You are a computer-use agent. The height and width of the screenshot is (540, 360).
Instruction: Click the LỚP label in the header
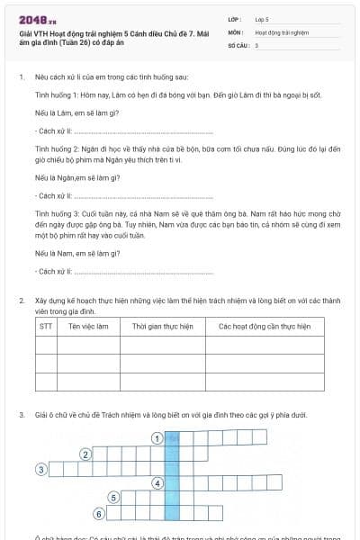pos(235,18)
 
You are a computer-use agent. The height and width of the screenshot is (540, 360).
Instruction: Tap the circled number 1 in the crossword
pos(157,438)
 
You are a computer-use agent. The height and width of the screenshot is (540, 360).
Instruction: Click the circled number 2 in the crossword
pos(85,454)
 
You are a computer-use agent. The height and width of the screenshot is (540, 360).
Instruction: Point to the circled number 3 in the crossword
pos(40,469)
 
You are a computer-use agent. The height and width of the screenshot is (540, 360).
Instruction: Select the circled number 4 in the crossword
pos(157,483)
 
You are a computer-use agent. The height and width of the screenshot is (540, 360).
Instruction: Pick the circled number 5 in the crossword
pos(112,498)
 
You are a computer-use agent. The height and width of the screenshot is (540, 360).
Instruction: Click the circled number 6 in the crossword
pos(99,513)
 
